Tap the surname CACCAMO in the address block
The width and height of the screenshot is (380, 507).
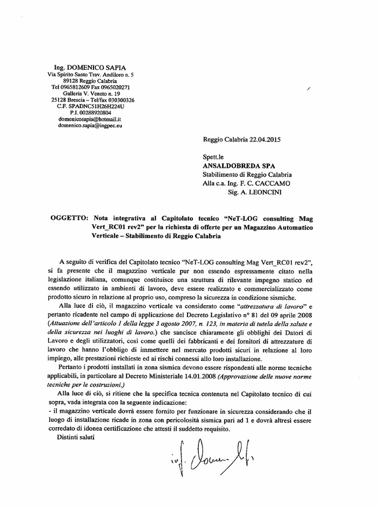click(x=276, y=183)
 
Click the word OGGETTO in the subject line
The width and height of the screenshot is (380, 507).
click(x=69, y=218)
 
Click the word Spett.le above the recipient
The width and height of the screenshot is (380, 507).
click(x=213, y=156)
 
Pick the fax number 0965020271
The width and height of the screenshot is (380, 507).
click(x=115, y=87)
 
